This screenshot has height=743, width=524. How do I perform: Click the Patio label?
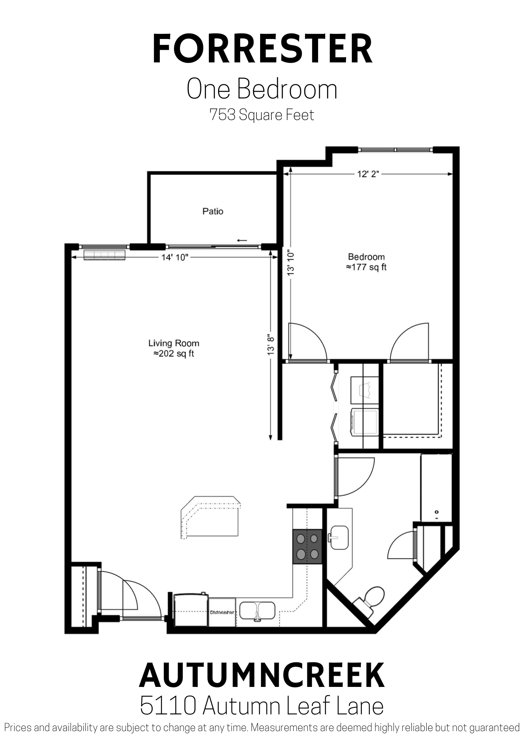213,211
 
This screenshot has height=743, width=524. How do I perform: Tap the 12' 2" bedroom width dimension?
368,174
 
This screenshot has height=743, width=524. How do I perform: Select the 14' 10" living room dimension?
175,257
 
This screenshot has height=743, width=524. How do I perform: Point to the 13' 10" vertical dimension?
291,264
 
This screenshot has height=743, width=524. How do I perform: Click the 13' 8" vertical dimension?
271,344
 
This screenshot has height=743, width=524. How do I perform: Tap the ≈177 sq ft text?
366,267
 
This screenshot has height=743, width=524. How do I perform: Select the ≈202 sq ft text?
174,354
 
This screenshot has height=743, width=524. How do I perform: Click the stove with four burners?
307,546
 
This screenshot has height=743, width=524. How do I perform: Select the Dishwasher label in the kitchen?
222,612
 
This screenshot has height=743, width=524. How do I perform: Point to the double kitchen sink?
257,611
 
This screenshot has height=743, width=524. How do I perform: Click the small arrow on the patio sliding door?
242,240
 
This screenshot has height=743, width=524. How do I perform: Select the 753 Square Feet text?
262,115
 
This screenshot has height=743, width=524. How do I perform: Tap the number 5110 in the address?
168,706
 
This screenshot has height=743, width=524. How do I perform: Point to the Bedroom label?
366,257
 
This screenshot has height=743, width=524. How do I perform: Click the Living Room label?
174,343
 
